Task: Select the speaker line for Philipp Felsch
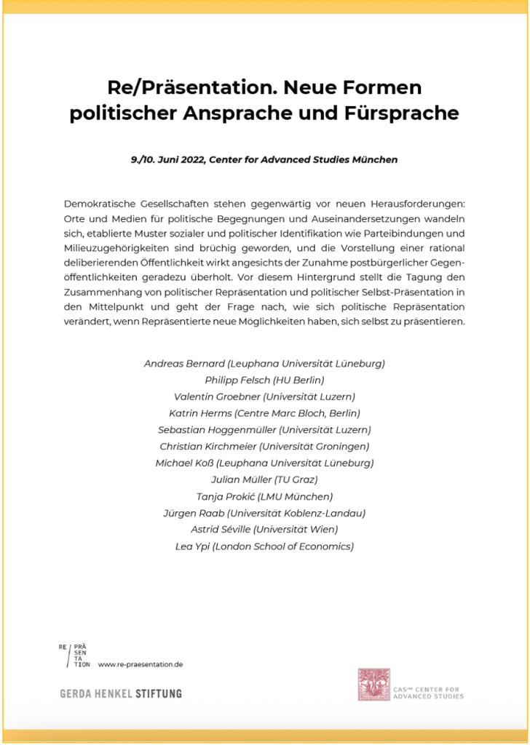tap(264, 380)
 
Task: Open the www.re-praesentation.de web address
tap(140, 664)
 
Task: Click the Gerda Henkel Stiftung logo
tap(120, 693)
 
